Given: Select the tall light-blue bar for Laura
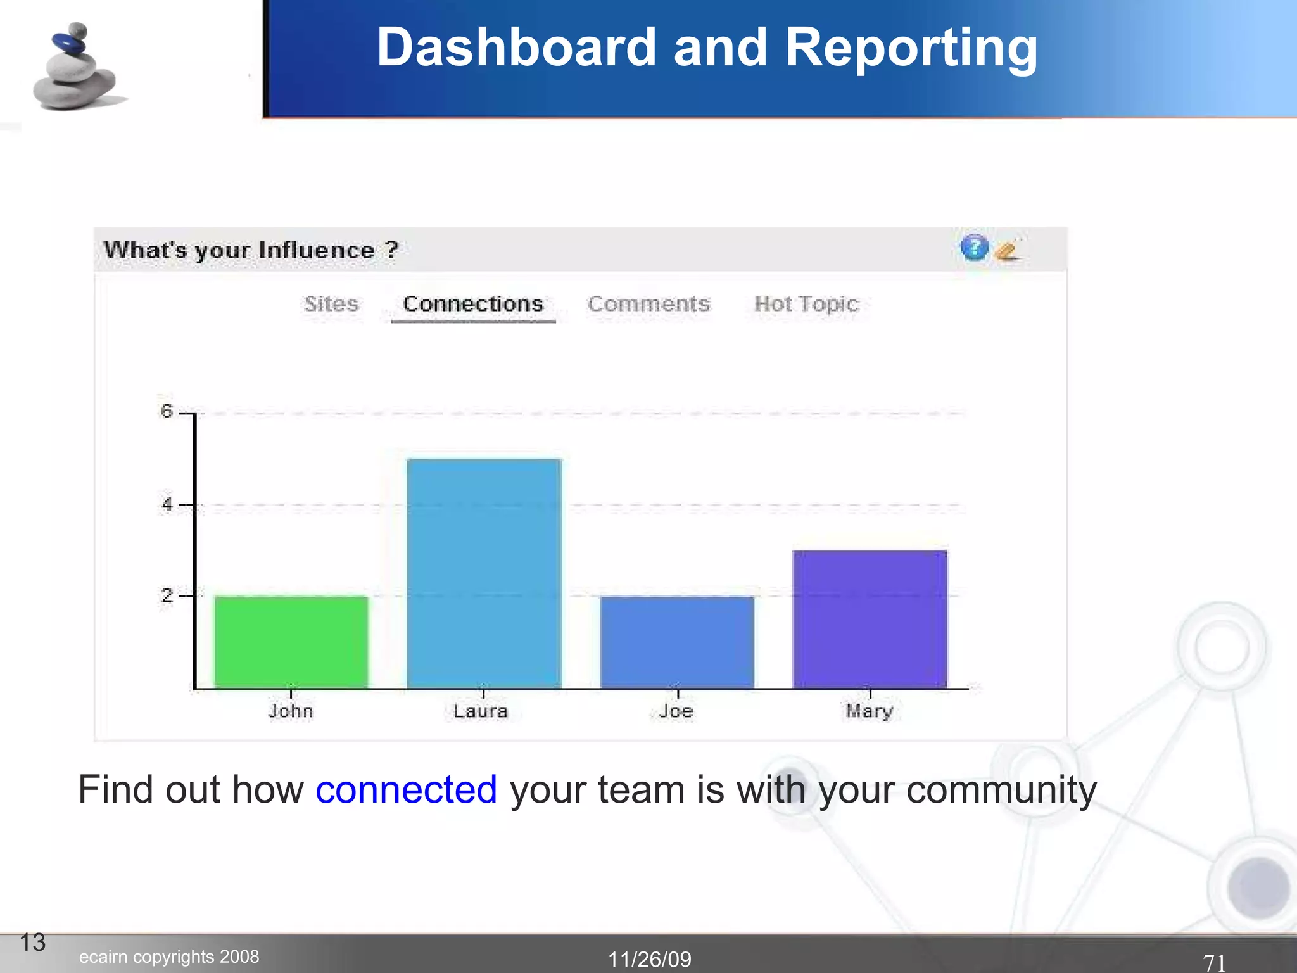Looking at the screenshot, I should [x=484, y=573].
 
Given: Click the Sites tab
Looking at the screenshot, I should [x=331, y=304].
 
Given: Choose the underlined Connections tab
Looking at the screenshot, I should [x=473, y=305].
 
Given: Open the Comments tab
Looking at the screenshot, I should [x=648, y=304].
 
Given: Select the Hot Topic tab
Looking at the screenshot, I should [x=806, y=305].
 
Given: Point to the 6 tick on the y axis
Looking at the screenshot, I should [x=167, y=412].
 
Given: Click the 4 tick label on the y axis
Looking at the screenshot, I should [x=167, y=504].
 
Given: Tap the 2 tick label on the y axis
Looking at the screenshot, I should [x=167, y=595].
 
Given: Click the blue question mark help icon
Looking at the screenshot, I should [x=974, y=248].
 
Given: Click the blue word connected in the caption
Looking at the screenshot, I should [x=406, y=790].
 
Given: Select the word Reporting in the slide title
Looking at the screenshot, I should [x=911, y=48].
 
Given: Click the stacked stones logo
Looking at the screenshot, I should [x=76, y=68].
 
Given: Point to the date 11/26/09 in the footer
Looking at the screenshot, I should [x=649, y=959].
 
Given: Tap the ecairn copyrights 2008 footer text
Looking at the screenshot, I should [x=169, y=957].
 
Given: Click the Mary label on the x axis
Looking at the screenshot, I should [x=870, y=711].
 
